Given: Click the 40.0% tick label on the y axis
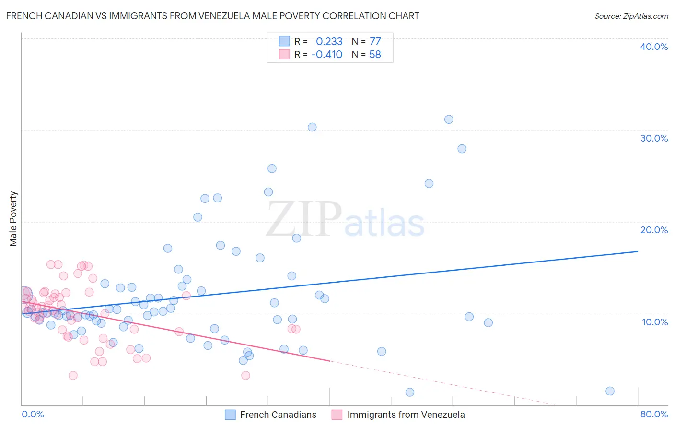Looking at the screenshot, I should tap(654, 47).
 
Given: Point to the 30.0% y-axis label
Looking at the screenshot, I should tap(654, 138).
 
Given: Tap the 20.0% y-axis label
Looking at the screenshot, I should tap(654, 230).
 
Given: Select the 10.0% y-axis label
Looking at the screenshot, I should tap(655, 322).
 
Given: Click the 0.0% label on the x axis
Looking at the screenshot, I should tap(33, 414).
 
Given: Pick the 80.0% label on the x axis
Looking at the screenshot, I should tap(654, 414).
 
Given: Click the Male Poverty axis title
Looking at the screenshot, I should tap(13, 219).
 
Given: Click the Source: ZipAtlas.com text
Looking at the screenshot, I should tap(631, 16).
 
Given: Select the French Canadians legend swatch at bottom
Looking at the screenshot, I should tap(230, 415).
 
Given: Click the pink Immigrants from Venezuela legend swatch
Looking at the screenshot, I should tap(337, 415).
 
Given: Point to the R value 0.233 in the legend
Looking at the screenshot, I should tap(329, 41).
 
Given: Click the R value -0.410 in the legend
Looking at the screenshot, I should tap(326, 54).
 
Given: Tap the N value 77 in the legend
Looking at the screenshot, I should tap(375, 41).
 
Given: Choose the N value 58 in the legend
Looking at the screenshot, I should tap(375, 54).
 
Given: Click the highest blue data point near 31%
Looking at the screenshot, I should tap(449, 119).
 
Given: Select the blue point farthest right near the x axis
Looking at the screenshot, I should tap(610, 391).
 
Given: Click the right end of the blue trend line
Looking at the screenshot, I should tap(638, 251).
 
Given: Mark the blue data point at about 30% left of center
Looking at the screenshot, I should tap(312, 127).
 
